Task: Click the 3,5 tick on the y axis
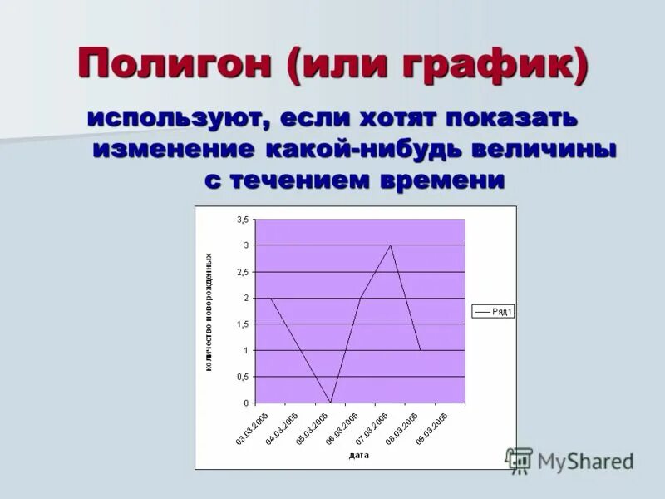pos(242,220)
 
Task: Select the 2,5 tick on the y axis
pos(242,272)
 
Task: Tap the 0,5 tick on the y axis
pos(242,377)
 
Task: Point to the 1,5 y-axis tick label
pos(242,324)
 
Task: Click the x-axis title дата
pos(359,455)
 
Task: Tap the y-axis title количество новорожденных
pos(209,312)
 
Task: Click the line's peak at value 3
pos(391,245)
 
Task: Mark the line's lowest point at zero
pos(331,403)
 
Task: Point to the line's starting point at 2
pos(271,298)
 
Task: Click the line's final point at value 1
pos(421,350)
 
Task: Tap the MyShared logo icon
pos(520,460)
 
